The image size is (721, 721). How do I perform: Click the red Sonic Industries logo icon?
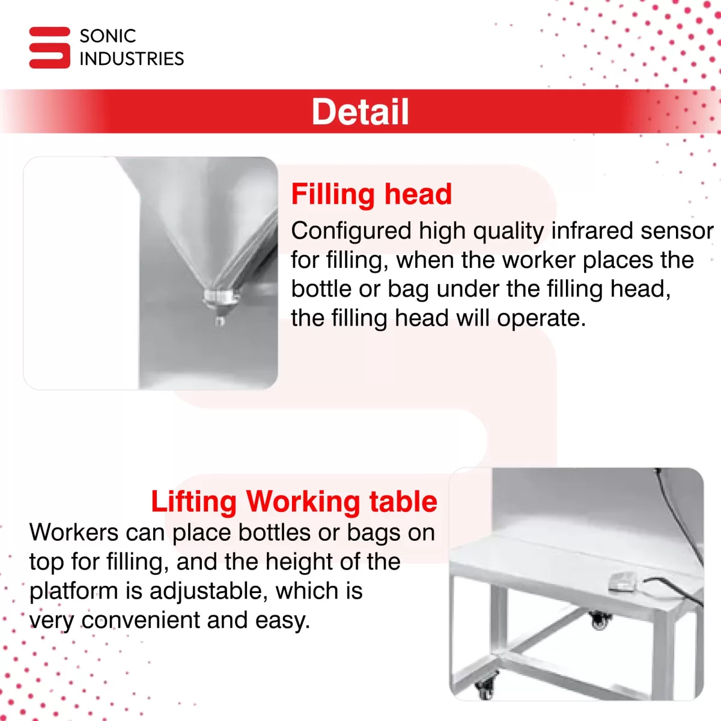(x=49, y=47)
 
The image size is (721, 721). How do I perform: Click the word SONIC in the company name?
(x=108, y=36)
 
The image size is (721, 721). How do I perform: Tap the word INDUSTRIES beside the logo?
(x=132, y=59)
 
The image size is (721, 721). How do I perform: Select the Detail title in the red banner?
(x=360, y=112)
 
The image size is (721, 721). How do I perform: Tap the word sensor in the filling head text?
(x=677, y=231)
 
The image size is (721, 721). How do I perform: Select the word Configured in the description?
(x=351, y=231)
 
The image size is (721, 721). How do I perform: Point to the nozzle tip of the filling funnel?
(x=220, y=320)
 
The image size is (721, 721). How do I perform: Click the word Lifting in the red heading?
(x=194, y=502)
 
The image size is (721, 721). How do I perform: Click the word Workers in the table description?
(x=74, y=532)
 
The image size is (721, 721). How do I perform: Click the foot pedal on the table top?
(x=622, y=582)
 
